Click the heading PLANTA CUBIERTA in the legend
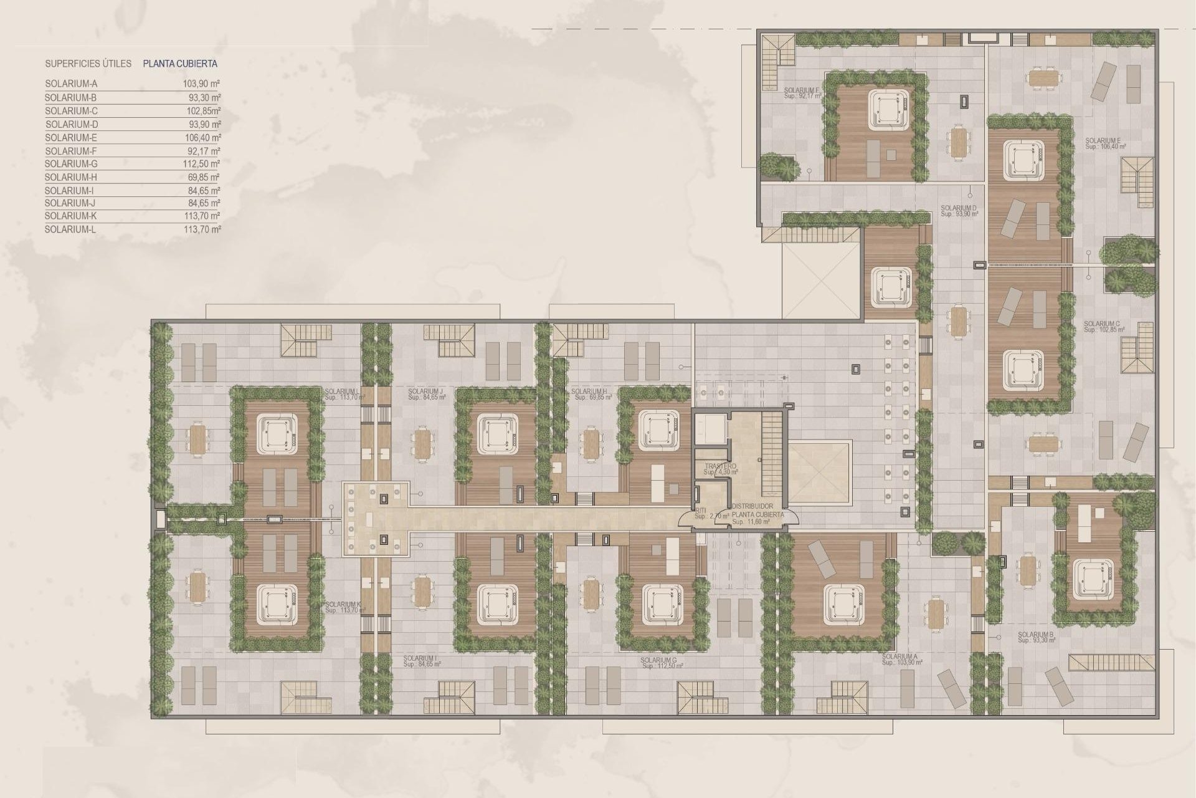[x=180, y=64]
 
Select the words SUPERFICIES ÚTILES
[x=88, y=64]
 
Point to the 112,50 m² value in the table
[x=204, y=164]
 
